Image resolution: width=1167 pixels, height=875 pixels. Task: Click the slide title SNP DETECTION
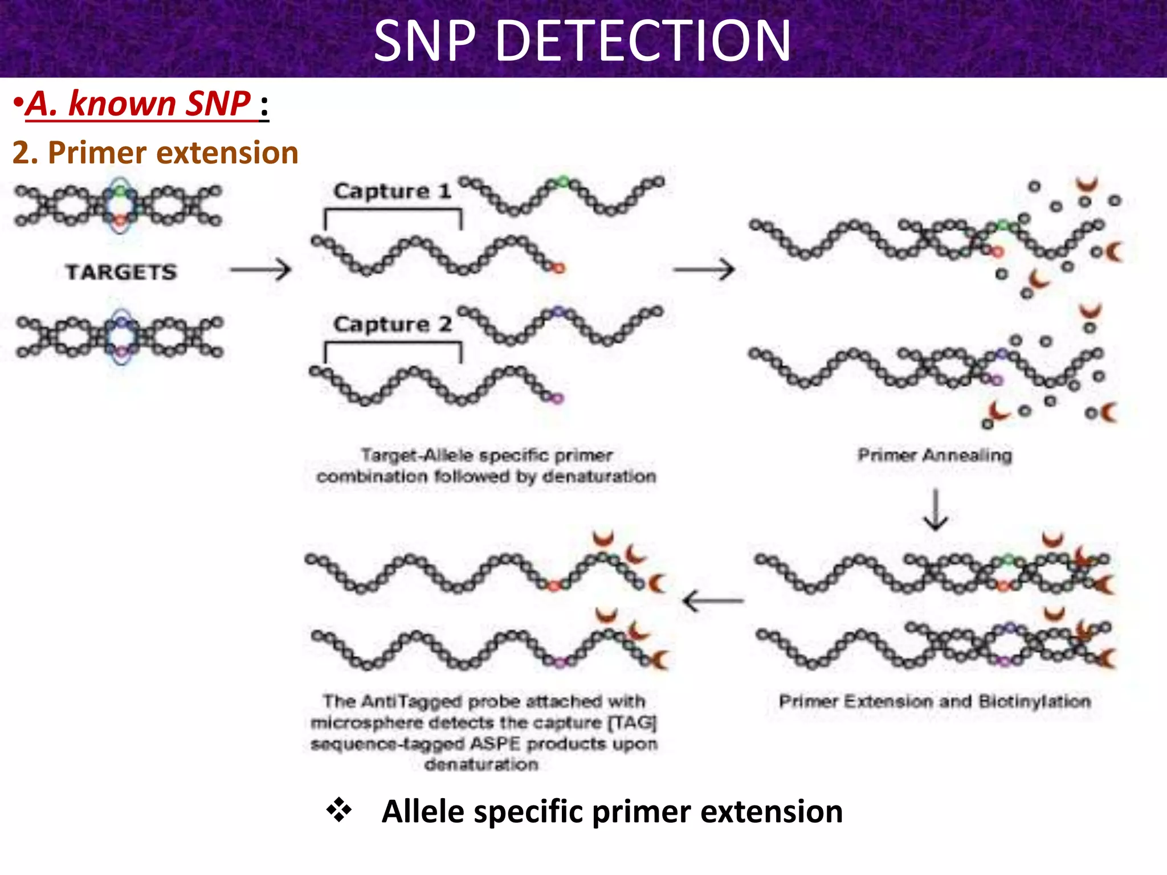click(x=582, y=41)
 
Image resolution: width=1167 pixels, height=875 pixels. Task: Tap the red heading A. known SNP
click(x=139, y=104)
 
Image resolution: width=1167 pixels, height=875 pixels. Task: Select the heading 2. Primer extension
click(x=155, y=153)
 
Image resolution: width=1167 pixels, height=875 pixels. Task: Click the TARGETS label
click(x=121, y=272)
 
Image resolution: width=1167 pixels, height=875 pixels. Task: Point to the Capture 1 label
click(x=392, y=191)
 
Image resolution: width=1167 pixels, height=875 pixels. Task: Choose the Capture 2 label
click(x=392, y=325)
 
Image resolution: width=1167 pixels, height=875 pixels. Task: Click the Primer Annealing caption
click(x=935, y=455)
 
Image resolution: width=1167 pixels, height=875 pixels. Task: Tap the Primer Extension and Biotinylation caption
click(x=935, y=701)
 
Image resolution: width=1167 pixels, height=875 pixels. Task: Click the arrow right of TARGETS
click(x=261, y=269)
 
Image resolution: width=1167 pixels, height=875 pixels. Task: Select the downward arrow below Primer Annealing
click(x=935, y=510)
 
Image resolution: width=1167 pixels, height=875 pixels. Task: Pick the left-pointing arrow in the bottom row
click(x=713, y=600)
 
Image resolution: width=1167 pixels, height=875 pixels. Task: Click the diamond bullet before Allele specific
click(x=339, y=810)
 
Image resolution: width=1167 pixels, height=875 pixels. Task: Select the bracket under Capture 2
click(x=393, y=350)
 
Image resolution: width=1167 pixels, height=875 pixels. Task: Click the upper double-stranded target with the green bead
click(x=119, y=206)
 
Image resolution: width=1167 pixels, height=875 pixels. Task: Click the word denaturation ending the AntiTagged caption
click(x=481, y=764)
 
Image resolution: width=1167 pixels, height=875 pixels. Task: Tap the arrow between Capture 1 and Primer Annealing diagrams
click(x=704, y=269)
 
